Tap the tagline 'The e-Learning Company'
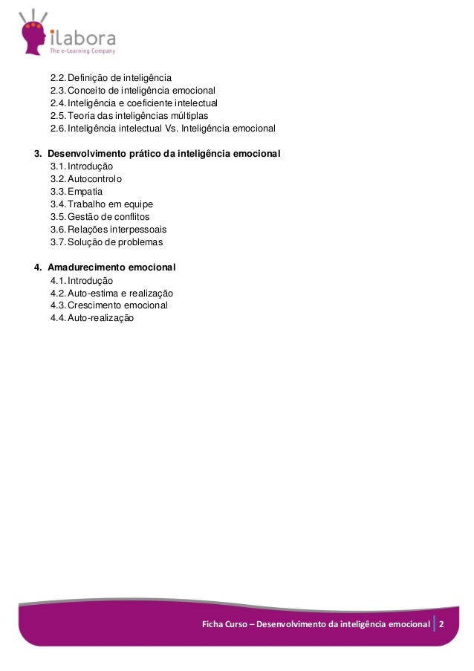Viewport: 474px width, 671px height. tap(82, 51)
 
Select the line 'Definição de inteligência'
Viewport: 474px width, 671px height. tap(120, 77)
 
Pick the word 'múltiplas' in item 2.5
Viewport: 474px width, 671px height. tap(188, 115)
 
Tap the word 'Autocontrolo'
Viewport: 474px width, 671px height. tap(95, 179)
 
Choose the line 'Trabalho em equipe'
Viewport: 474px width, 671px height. tap(110, 204)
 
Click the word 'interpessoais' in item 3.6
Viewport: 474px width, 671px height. tap(139, 230)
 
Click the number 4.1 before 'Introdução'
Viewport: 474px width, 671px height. tap(58, 281)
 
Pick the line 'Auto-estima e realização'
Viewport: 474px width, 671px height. tap(120, 294)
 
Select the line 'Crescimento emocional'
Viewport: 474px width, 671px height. tap(117, 305)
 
